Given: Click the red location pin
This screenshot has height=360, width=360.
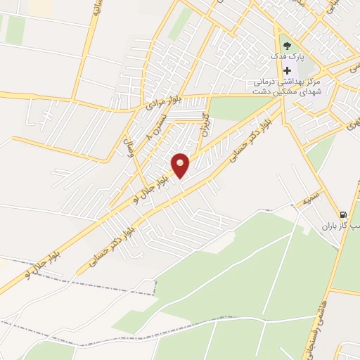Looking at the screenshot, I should pyautogui.click(x=181, y=164).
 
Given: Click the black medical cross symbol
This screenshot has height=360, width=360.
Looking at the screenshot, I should pyautogui.click(x=288, y=70).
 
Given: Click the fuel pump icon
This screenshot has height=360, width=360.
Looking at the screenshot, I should pyautogui.click(x=343, y=214).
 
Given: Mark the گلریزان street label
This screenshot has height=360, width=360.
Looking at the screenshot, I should pyautogui.click(x=206, y=124).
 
